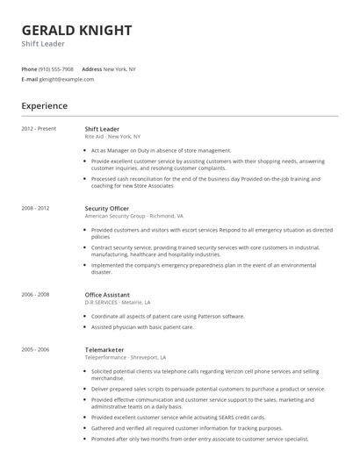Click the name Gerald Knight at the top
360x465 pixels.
76,30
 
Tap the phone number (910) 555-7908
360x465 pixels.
57,68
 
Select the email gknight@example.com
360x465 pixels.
66,79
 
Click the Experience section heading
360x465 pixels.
45,106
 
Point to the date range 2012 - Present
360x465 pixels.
39,129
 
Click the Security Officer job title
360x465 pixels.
107,208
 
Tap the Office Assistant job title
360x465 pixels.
107,295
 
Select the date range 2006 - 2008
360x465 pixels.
35,295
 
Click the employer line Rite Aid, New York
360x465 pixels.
112,136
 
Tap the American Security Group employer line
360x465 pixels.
133,215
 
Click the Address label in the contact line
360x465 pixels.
91,68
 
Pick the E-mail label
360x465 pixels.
29,79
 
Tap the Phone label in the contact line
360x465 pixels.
29,68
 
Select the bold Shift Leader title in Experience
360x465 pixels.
103,129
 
